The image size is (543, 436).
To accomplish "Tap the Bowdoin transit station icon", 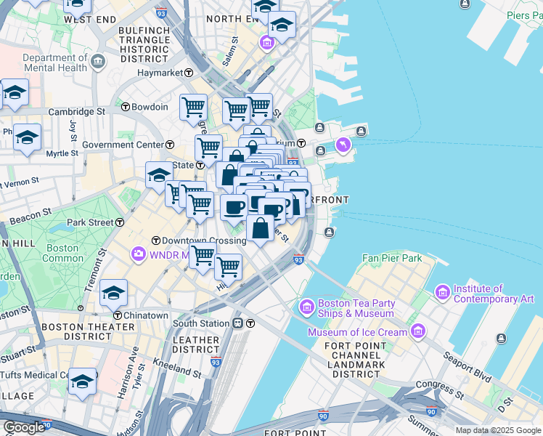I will pos(125,107).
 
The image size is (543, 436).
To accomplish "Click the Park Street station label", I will pos(91,222).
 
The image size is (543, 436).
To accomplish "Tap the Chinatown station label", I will pos(146,315).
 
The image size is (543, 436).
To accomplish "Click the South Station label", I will pos(201,323).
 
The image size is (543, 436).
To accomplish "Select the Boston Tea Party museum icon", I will pos(306,306).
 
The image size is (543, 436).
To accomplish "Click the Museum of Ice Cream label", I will pos(358,333).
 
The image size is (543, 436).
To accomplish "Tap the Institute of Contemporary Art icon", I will pos(441,292).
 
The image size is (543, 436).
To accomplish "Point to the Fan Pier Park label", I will pos(392,258).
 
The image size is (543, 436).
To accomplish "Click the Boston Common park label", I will pos(64,253).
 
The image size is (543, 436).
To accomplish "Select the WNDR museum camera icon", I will pos(138,254).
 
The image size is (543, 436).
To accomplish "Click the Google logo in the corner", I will pos(24,427).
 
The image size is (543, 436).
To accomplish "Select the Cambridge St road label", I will pos(77,112).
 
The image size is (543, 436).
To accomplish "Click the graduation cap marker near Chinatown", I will pos(113,294).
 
